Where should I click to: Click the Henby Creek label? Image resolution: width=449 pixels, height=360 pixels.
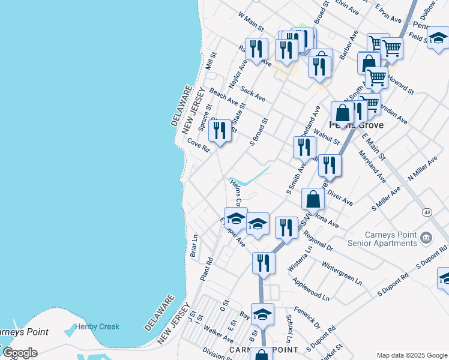[x=97, y=326]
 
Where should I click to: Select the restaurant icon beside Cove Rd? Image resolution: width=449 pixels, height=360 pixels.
[x=220, y=130]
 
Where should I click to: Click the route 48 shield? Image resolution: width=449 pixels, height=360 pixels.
[x=427, y=212]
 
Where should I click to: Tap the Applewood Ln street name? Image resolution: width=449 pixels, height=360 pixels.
[x=310, y=289]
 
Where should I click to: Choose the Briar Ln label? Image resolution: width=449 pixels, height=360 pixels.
[x=194, y=245]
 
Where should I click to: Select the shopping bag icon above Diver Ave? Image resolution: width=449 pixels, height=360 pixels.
[x=313, y=199]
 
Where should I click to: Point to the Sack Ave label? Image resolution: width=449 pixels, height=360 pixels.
[x=252, y=93]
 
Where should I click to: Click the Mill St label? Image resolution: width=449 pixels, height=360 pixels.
[x=211, y=59]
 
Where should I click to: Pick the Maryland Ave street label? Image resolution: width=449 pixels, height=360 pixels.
[x=372, y=167]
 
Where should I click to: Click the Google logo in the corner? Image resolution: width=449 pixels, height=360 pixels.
[x=20, y=353]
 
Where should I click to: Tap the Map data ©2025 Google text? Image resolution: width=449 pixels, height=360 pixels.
[x=411, y=355]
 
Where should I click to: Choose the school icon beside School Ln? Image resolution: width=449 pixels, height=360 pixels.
[x=262, y=314]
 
